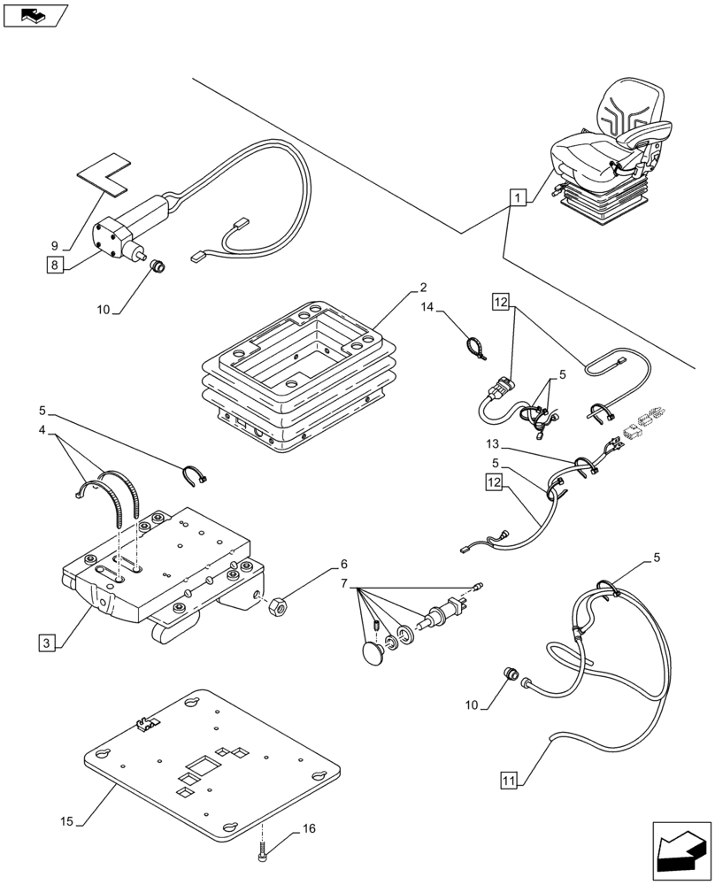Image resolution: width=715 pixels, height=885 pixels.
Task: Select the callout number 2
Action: [x=423, y=287]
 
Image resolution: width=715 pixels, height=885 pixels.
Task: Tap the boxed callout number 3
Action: [x=47, y=643]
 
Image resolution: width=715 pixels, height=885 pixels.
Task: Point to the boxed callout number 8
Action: [x=56, y=264]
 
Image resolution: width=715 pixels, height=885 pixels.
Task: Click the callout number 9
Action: [x=54, y=244]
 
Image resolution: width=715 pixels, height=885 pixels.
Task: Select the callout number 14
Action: [x=428, y=307]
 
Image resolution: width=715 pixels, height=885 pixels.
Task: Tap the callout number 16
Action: [x=308, y=829]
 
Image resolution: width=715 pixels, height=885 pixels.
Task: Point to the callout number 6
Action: [x=344, y=564]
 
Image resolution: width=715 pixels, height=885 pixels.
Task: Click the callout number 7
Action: [x=345, y=584]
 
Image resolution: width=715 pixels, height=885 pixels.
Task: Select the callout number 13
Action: [x=492, y=442]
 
